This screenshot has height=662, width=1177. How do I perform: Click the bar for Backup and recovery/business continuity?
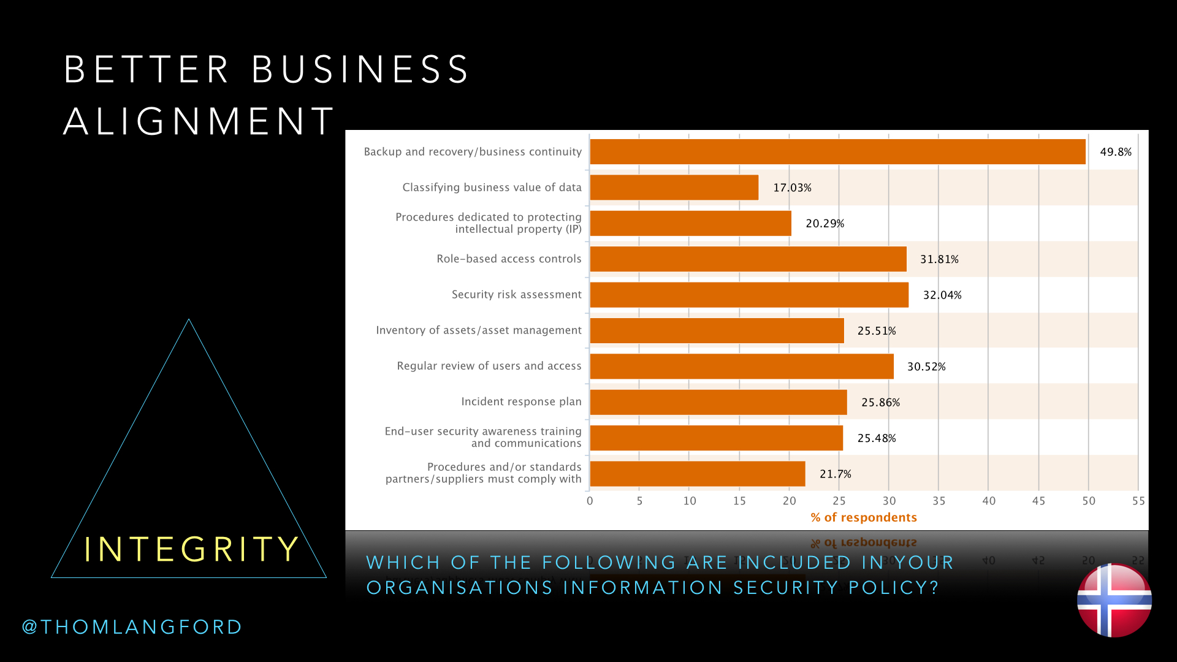(837, 152)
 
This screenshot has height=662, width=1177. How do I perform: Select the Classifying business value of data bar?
(674, 188)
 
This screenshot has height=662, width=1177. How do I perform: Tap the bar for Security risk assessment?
(749, 295)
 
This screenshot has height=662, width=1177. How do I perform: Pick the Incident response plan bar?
(718, 402)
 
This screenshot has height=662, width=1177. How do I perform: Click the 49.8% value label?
(1116, 152)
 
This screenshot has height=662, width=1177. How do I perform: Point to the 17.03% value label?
(792, 188)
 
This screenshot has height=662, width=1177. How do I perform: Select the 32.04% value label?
(942, 295)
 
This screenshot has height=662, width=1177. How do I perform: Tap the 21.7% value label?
(836, 474)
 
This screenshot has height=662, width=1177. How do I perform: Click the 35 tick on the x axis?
(939, 501)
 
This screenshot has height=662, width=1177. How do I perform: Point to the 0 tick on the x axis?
(590, 501)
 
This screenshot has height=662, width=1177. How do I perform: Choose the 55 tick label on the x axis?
(1138, 501)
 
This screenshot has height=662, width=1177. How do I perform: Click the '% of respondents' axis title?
(864, 517)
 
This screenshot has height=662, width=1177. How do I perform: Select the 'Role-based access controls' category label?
(509, 259)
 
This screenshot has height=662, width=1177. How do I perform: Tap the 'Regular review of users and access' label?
(489, 366)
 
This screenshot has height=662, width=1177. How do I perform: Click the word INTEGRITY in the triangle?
(191, 549)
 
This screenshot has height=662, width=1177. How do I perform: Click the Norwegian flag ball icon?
(1114, 600)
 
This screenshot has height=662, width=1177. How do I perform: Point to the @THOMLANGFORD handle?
(132, 627)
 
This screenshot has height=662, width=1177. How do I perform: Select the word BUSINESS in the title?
(360, 69)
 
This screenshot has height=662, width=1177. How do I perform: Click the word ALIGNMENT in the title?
(199, 121)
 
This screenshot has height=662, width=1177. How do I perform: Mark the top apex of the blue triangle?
(189, 319)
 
